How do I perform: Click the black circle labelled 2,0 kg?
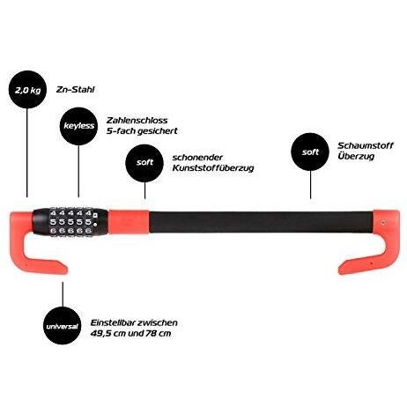coord(27,90)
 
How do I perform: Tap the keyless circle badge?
coord(78,126)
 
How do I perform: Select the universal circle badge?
coord(62,326)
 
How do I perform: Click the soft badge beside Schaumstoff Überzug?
coord(310,152)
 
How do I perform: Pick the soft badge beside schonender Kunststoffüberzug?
coord(144,162)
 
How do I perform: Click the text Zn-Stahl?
coord(76,90)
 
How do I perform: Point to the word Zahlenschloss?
coord(137,120)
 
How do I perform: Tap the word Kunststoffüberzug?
coord(213,168)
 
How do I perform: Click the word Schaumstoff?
coord(366,145)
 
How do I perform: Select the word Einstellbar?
coord(112,322)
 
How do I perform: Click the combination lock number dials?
coord(70,221)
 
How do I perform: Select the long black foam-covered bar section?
coord(262,222)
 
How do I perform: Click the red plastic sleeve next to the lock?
coord(129,222)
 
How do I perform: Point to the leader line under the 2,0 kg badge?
coord(27,152)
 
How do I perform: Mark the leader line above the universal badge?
coord(63,294)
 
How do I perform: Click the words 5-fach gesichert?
coord(142,131)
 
